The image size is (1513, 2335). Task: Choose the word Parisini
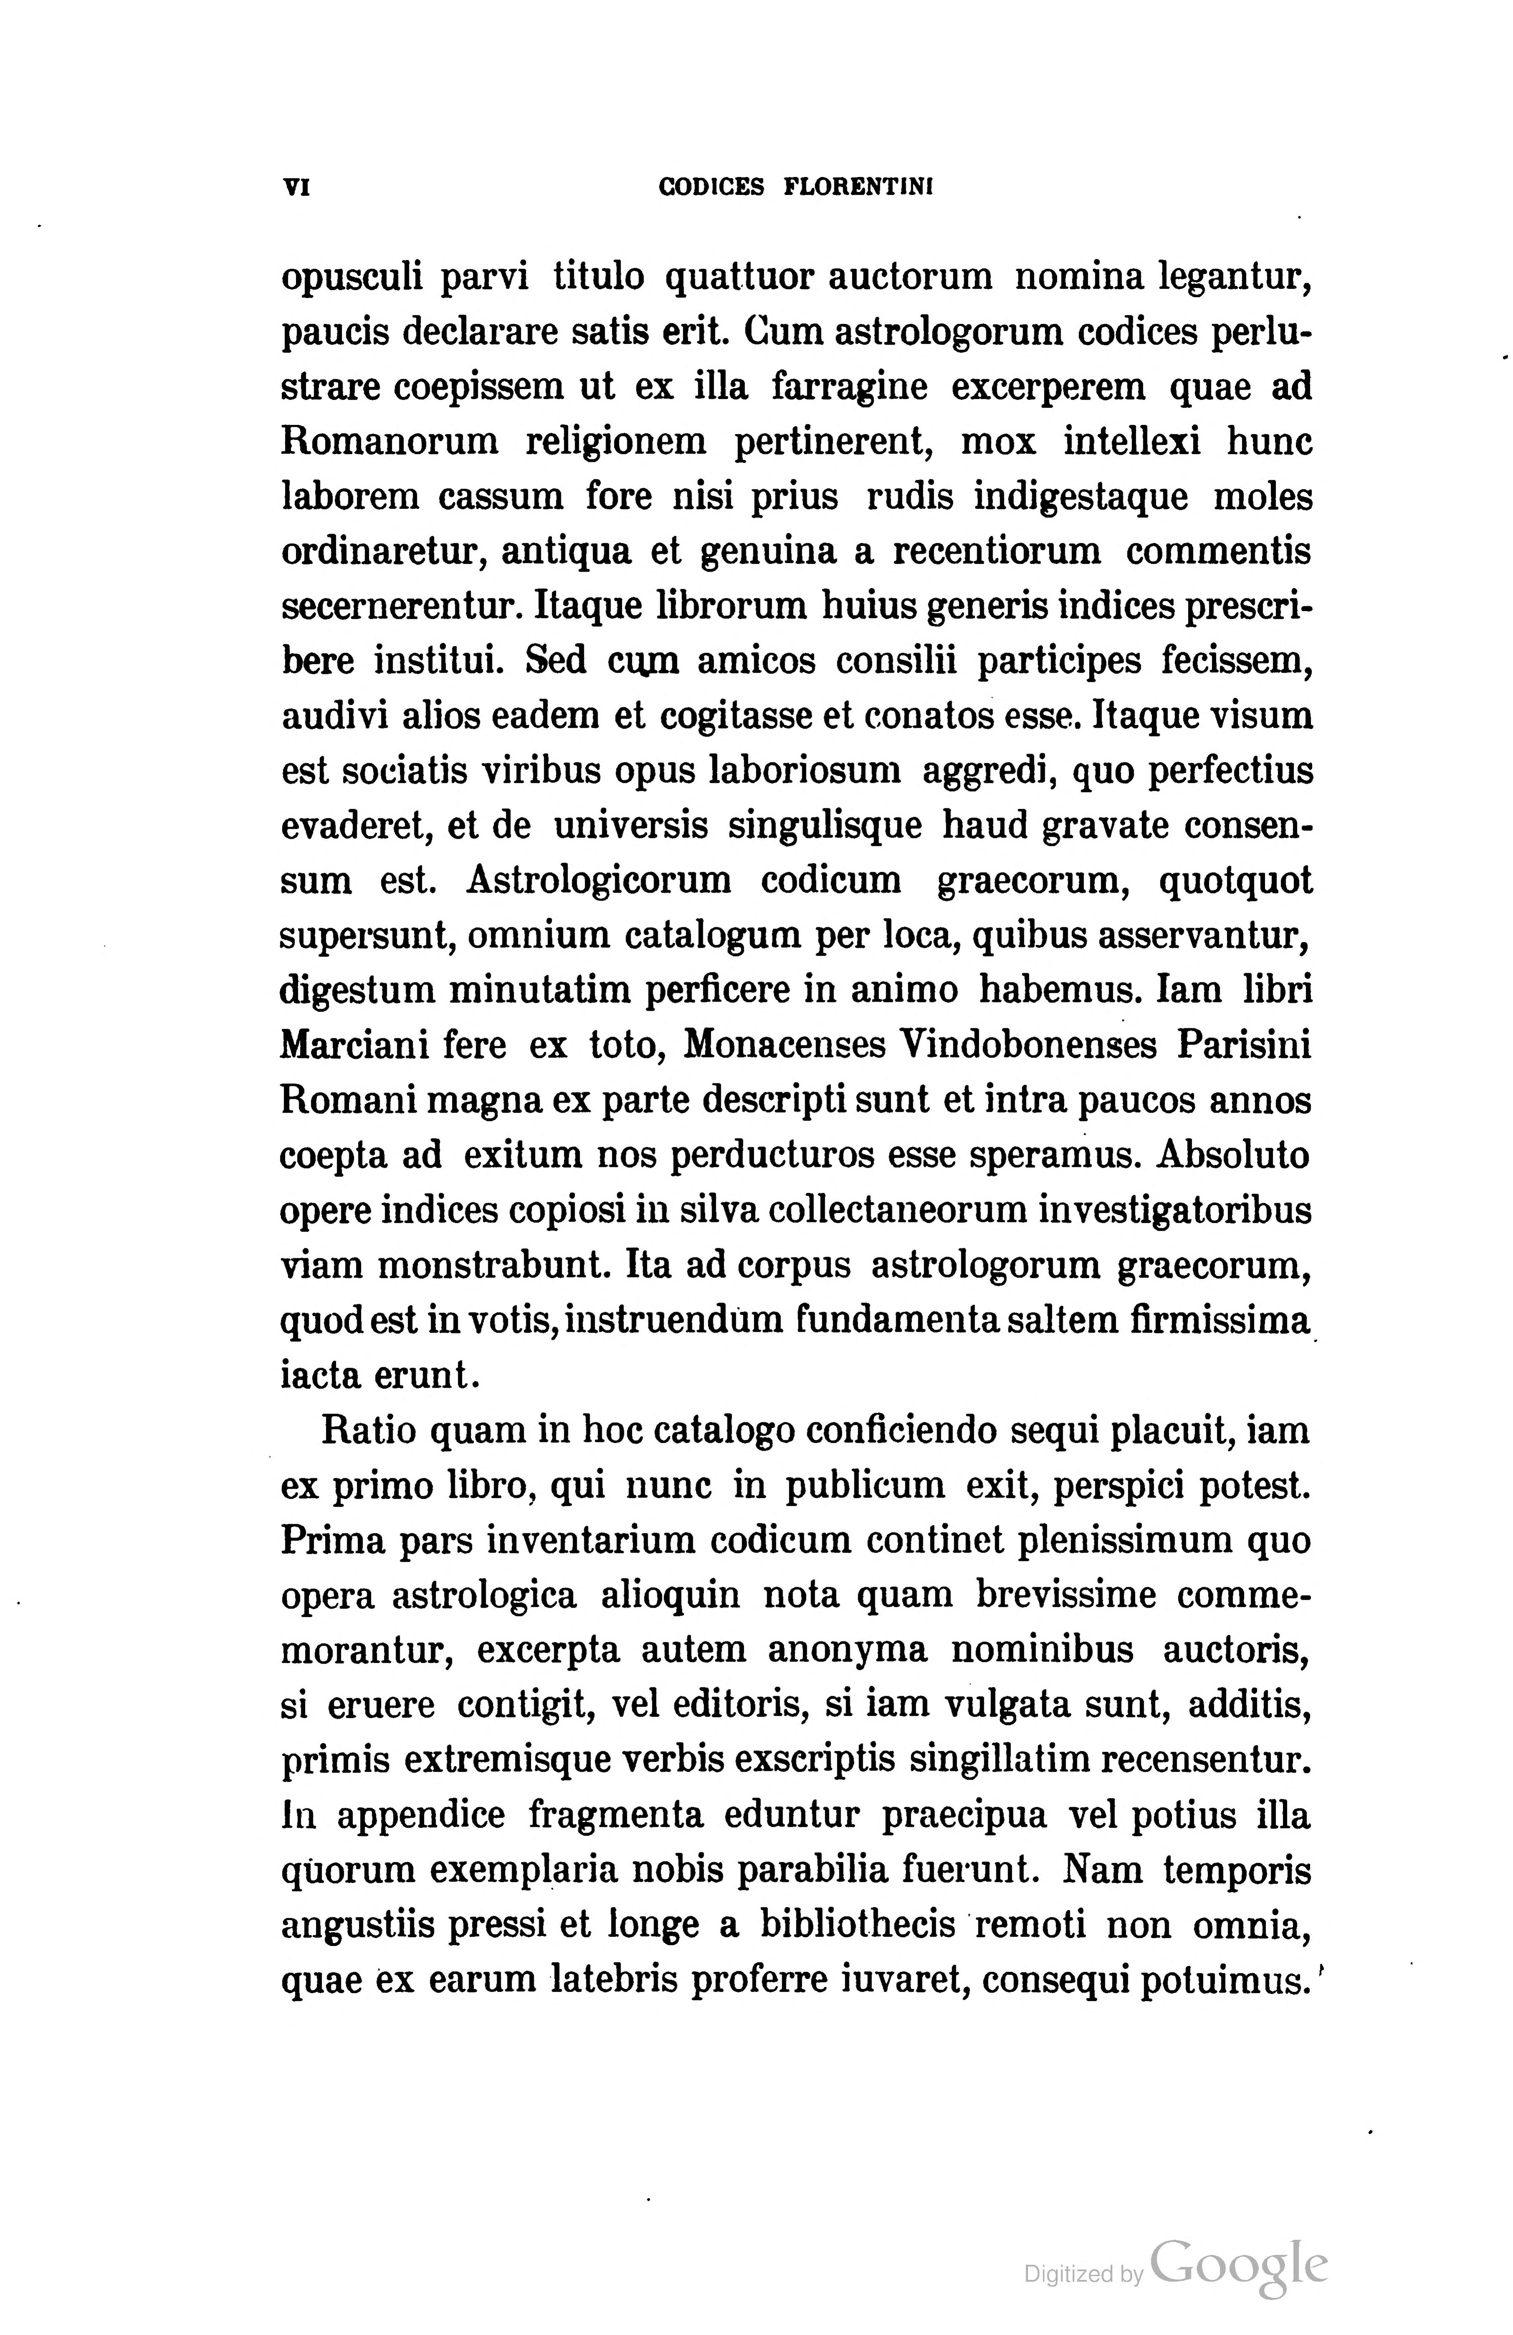1244,1045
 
